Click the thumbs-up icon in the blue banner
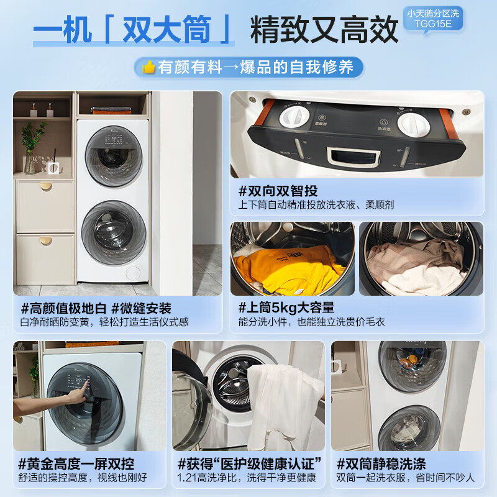148,67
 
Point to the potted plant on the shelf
31,146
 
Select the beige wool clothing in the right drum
416,264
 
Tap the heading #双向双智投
278,191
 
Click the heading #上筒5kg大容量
286,307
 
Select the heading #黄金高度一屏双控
76,463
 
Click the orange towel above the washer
112,111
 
